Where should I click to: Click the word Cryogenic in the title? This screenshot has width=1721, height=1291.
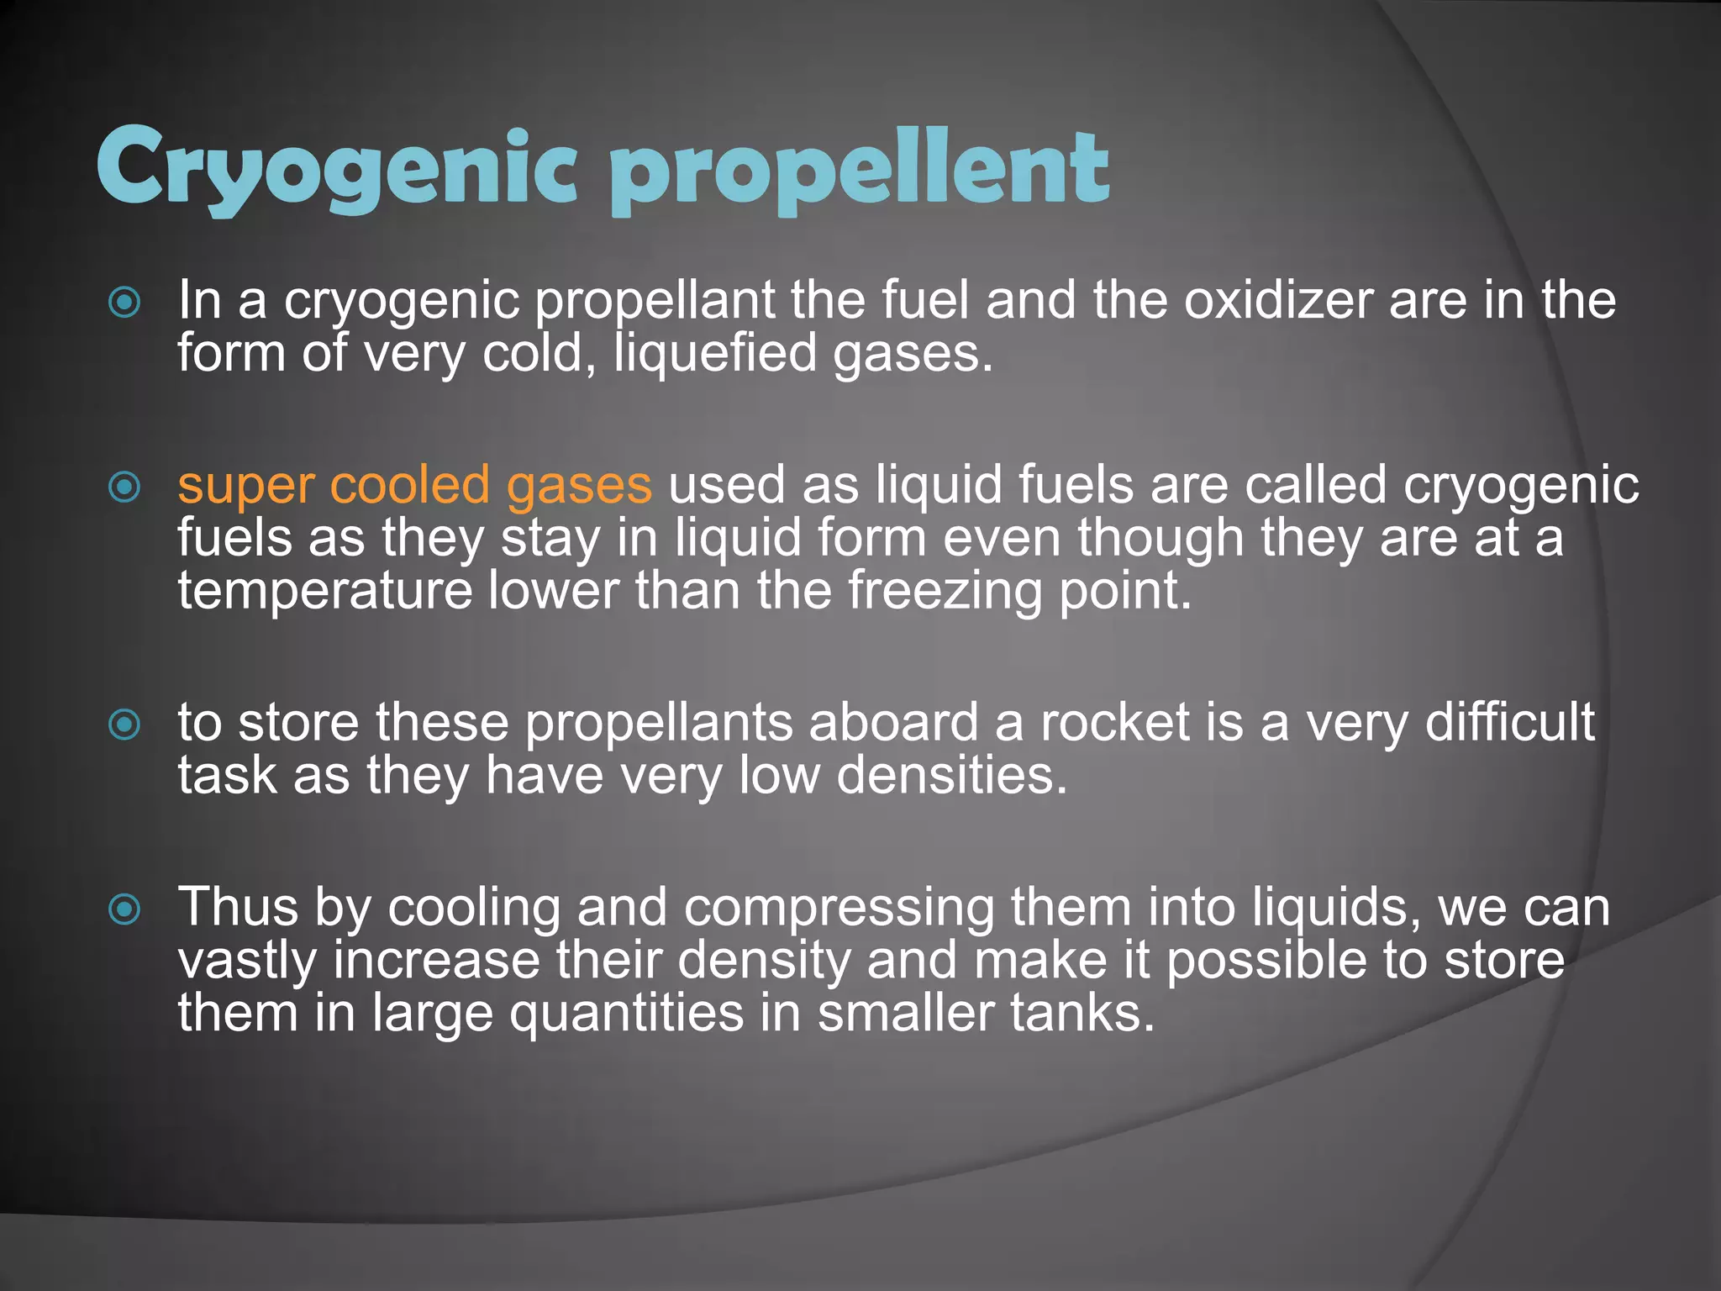(336, 168)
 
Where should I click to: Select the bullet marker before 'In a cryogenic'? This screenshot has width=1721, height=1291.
(125, 303)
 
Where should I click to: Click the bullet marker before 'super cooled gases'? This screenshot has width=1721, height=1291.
(125, 487)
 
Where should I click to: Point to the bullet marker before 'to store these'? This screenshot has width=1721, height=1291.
(125, 724)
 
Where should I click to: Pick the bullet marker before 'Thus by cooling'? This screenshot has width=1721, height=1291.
(125, 909)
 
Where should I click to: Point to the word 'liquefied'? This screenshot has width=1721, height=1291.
(715, 354)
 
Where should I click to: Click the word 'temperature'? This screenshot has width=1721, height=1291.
(325, 591)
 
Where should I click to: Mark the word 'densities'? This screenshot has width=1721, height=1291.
(951, 776)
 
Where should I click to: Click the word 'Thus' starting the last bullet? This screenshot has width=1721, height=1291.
(238, 908)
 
